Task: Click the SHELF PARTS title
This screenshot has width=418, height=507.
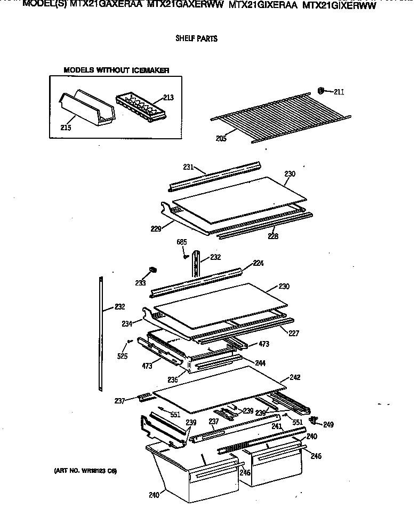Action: pos(196,39)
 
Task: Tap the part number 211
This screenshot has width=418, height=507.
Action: pos(339,92)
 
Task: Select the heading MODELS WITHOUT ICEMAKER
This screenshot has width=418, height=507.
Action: pos(116,70)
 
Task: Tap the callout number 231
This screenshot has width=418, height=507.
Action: pos(188,167)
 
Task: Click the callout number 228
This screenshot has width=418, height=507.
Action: pos(273,236)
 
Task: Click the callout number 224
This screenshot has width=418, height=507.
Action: pos(259,263)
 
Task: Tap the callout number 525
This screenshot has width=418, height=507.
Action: pos(122,356)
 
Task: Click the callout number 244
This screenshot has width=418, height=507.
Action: pos(260,363)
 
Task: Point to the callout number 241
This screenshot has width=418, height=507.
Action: pos(276,426)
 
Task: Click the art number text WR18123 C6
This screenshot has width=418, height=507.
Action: pos(85,471)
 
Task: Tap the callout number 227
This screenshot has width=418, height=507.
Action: pos(294,334)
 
